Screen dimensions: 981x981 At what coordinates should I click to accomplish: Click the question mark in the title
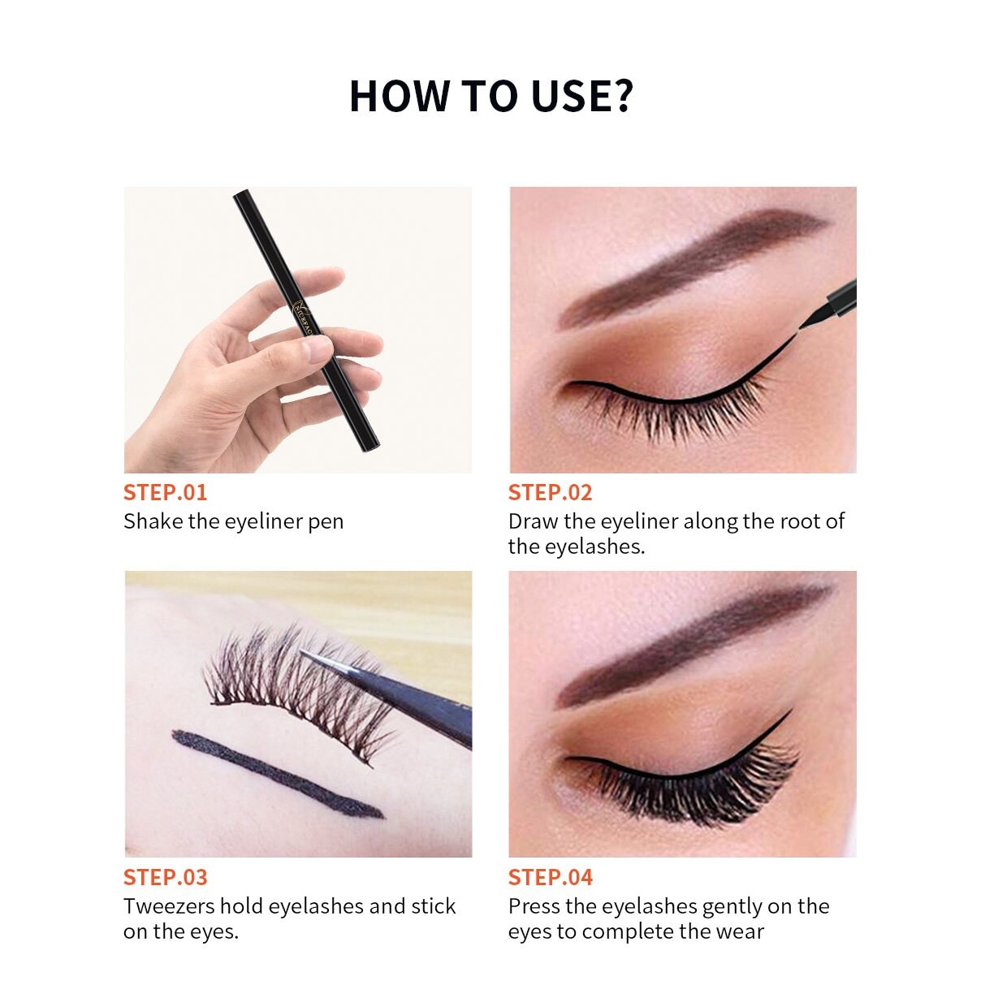[x=619, y=95]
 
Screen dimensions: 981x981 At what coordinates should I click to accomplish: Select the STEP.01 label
[x=165, y=492]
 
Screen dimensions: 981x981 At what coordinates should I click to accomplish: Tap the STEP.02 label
[x=551, y=492]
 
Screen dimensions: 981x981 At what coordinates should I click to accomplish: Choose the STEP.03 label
[x=165, y=877]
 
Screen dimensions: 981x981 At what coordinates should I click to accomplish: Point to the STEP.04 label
[x=551, y=877]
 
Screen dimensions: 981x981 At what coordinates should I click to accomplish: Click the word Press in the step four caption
[x=534, y=906]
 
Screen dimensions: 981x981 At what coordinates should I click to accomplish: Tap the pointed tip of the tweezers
[x=302, y=651]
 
